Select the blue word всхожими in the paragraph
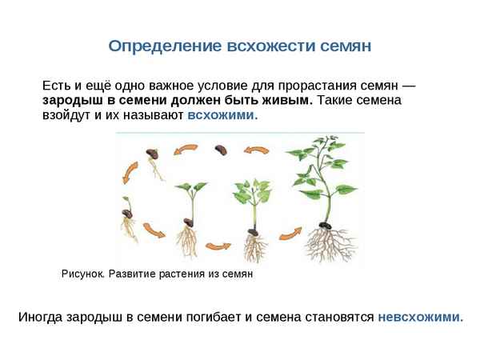(x=222, y=115)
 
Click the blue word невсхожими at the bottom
(x=420, y=316)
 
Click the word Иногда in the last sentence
(x=38, y=316)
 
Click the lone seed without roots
(x=222, y=148)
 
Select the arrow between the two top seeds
(x=187, y=149)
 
